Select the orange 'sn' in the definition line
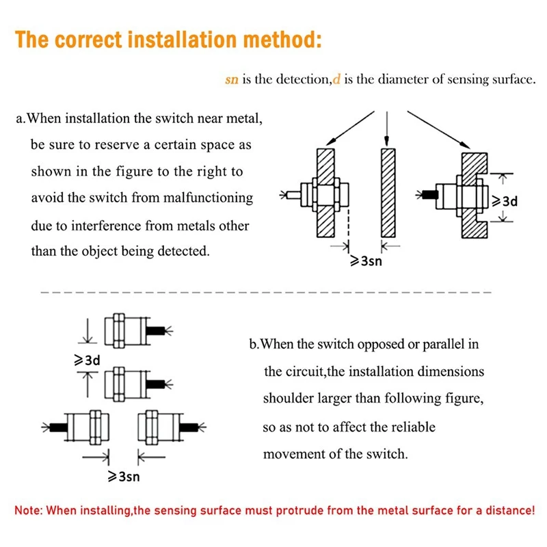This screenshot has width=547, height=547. tap(232, 80)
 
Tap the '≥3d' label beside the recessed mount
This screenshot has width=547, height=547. tap(506, 201)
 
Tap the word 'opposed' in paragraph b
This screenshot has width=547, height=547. tap(380, 344)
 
